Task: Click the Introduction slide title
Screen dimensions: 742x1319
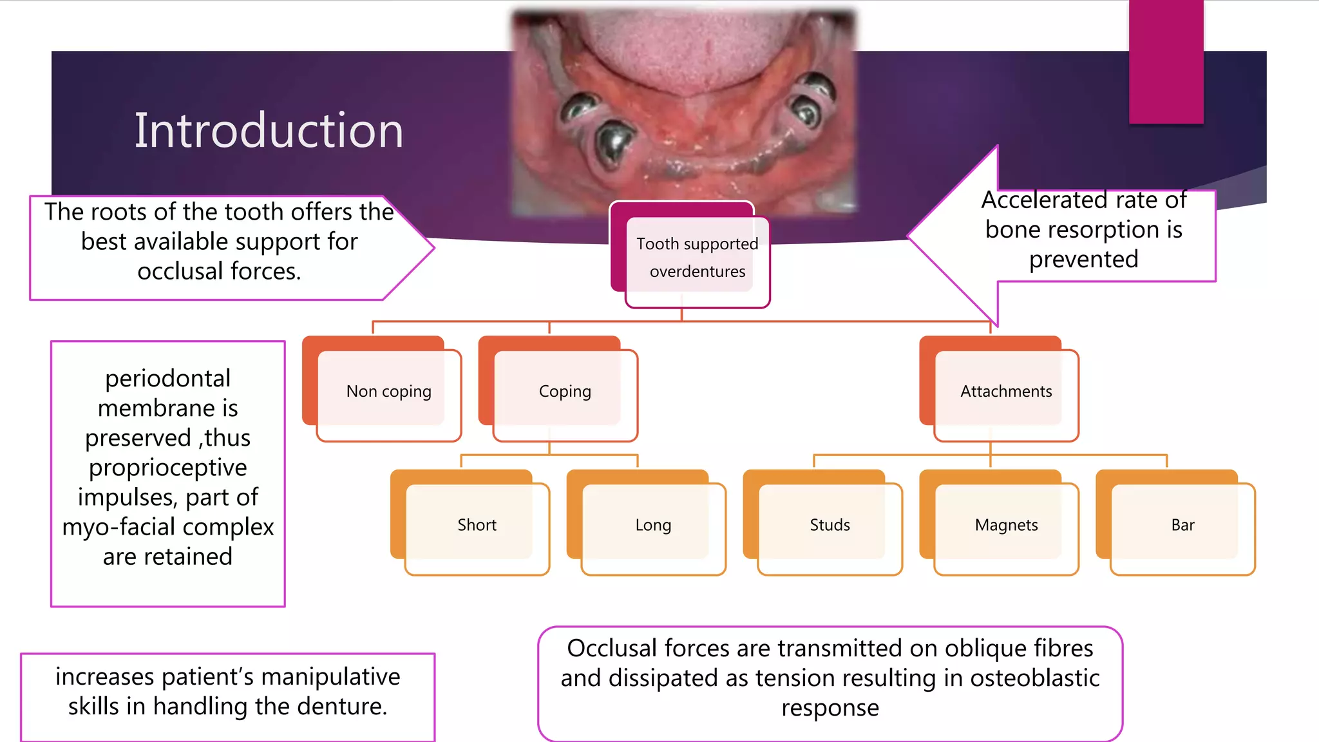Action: click(x=269, y=131)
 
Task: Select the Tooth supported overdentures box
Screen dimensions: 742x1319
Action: click(x=697, y=258)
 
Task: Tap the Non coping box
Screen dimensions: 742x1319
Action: click(x=388, y=392)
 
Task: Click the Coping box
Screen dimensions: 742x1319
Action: click(x=565, y=392)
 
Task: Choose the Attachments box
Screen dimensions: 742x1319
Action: click(x=1006, y=392)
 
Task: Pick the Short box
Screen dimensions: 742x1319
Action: click(x=477, y=525)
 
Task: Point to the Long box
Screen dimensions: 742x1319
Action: click(x=653, y=525)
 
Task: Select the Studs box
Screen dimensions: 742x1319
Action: click(x=830, y=525)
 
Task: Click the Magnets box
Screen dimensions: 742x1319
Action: click(x=1006, y=525)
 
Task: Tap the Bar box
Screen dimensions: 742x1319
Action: click(x=1182, y=525)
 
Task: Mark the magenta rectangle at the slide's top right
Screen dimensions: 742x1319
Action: click(x=1166, y=61)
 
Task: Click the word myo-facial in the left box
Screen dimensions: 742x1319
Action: click(x=122, y=527)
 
